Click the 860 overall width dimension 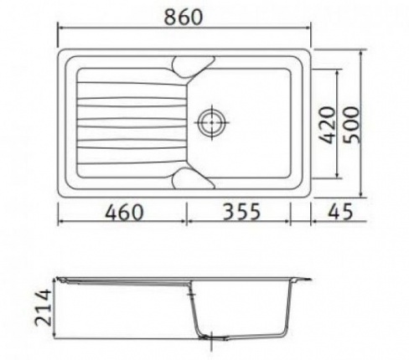(x=183, y=17)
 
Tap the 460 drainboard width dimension (x=124, y=212)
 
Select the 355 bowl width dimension (x=242, y=212)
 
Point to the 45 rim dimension (x=340, y=212)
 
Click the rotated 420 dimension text (x=327, y=126)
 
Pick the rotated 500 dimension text (x=351, y=125)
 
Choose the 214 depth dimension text (x=43, y=307)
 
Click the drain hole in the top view (x=211, y=122)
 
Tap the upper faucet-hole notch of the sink (x=193, y=67)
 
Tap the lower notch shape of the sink (x=193, y=178)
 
